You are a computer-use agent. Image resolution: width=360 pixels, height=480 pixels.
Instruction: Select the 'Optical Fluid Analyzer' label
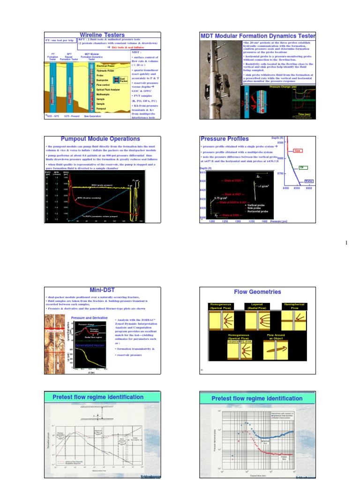108,89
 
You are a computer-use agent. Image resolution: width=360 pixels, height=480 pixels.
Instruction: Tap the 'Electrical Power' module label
105,66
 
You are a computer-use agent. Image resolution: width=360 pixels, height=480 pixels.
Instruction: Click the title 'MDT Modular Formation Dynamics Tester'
258,36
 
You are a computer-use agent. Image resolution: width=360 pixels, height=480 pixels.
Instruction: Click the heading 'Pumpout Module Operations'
100,139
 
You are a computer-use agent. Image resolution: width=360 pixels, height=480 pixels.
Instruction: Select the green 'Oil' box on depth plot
302,167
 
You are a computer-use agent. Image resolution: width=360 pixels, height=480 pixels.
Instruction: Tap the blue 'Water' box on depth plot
309,180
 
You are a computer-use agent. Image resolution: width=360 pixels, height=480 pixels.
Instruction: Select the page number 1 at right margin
347,243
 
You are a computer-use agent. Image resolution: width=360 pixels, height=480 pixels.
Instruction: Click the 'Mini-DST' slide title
102,290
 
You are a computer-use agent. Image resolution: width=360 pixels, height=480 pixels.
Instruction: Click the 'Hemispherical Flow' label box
294,307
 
